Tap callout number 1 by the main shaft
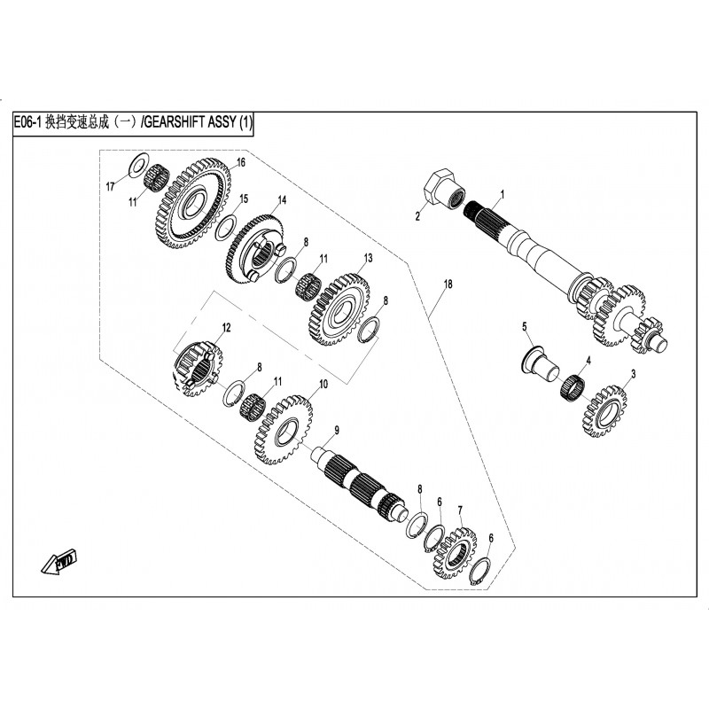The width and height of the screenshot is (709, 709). (502, 193)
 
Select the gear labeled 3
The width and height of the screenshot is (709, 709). (606, 410)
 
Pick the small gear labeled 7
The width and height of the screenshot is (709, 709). (457, 556)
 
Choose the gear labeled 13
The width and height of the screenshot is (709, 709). (338, 311)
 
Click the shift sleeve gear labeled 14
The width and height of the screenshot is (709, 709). (259, 252)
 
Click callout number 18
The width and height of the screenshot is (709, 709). (448, 284)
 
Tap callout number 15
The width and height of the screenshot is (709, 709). (244, 198)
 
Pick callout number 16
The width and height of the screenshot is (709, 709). (239, 161)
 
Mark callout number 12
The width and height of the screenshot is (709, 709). (226, 327)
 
